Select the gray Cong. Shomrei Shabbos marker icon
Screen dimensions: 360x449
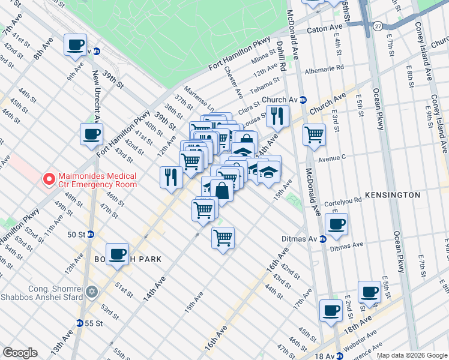click(91, 292)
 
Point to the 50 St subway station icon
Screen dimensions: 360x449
click(90, 234)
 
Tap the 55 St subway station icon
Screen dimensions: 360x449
click(79, 323)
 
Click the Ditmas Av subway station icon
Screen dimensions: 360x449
click(322, 239)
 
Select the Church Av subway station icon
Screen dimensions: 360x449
click(304, 100)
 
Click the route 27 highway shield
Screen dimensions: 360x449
click(376, 26)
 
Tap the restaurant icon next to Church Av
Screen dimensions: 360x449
click(277, 115)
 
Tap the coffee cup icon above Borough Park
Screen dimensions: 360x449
click(118, 253)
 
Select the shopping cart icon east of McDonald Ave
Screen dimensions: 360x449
click(314, 134)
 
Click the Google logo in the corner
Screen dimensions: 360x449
click(20, 353)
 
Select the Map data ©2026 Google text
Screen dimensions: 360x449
click(411, 355)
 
